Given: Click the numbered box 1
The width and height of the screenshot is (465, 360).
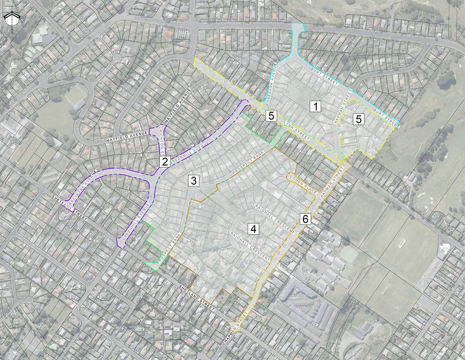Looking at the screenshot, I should coord(316,107).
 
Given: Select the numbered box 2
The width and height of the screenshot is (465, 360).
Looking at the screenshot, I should coord(165,162).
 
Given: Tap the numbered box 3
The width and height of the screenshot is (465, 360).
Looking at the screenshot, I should coord(194,180).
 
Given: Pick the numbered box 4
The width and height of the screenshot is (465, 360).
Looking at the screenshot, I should coord(253,229).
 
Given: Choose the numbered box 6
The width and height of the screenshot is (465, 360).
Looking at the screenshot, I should coord(305,219).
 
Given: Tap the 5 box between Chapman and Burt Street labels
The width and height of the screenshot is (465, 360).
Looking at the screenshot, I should coord(359,119).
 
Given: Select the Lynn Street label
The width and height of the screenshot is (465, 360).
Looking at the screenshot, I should coord(297,131).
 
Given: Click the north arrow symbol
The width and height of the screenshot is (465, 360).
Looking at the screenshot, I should coord(12,19).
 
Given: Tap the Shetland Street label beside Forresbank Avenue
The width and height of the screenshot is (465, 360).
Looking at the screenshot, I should coord(69,208).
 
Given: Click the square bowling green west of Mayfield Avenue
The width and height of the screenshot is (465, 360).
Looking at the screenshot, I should coord(74,95).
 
